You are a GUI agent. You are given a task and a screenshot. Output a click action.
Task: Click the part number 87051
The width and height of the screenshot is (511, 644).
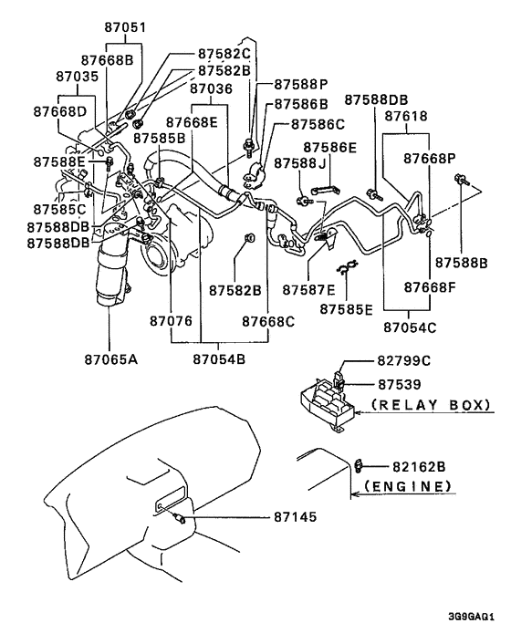125,27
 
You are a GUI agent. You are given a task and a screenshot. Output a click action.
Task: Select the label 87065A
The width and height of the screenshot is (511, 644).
111,359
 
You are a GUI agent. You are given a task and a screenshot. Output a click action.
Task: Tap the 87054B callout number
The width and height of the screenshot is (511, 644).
219,359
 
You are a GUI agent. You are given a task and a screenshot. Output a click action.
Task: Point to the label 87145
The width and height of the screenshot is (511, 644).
296,516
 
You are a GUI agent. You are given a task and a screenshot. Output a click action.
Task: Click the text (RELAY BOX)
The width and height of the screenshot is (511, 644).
431,405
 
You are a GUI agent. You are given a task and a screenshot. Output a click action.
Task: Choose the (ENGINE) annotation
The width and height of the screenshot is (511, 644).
408,487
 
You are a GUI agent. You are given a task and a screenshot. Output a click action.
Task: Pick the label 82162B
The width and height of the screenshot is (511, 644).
419,467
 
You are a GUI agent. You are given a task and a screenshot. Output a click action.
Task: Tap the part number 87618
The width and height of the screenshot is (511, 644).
406,116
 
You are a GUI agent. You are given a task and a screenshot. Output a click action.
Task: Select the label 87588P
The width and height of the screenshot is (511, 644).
301,84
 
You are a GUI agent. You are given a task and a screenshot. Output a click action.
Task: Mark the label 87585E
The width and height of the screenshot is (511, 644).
346,309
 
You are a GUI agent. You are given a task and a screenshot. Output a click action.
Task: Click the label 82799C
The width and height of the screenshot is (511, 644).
404,360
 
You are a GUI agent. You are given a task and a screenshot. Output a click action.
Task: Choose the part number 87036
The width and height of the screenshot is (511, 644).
211,88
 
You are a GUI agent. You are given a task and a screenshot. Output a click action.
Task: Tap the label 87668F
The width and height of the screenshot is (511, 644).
430,287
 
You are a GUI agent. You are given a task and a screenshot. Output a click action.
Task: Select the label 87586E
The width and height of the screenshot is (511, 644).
330,148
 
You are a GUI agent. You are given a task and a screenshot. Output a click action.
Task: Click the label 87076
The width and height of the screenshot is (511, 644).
171,321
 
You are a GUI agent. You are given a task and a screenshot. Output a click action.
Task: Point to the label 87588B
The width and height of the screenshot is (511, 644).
462,263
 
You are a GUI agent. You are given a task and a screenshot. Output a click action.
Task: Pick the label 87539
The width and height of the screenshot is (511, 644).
400,384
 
